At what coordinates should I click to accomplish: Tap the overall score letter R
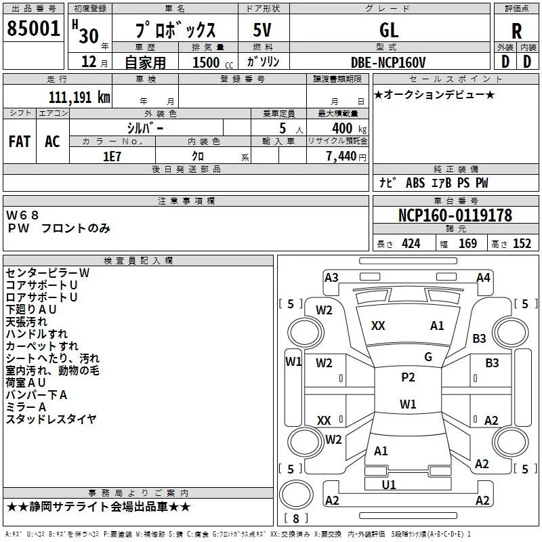pos(516,31)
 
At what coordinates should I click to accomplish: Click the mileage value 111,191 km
pos(79,98)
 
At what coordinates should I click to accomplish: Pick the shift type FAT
pos(20,141)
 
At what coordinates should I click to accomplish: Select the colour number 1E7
pos(112,156)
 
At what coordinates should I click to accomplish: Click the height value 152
pos(522,244)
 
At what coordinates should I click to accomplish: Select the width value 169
pos(467,244)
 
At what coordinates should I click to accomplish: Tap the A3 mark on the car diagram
pos(331,278)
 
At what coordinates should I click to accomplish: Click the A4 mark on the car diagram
pos(483,277)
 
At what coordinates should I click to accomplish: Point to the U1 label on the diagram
pos(389,484)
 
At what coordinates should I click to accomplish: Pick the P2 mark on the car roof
pos(408,377)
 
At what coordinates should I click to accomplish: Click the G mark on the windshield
pos(428,357)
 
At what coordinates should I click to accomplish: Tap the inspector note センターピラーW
pos(47,272)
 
